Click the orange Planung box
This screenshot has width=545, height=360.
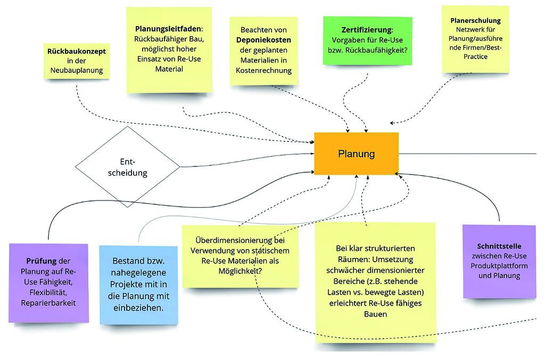(356, 154)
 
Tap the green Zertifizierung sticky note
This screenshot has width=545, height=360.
(367, 40)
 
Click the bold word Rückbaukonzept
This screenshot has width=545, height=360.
(77, 52)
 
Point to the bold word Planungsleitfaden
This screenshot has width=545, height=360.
(169, 28)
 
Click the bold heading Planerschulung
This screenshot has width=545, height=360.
(475, 21)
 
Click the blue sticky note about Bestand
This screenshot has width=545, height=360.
(138, 284)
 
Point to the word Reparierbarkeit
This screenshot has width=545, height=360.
(48, 303)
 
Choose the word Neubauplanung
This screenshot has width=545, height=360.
(77, 70)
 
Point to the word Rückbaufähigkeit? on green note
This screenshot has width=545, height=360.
(383, 51)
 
